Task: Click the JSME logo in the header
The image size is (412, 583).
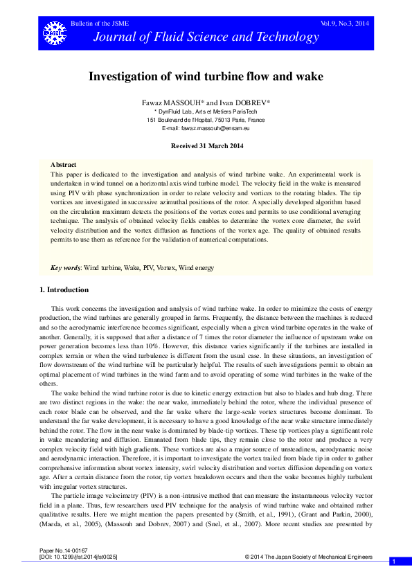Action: [51, 30]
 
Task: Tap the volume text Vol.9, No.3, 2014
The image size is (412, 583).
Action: [344, 24]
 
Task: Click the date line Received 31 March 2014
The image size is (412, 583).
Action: [206, 146]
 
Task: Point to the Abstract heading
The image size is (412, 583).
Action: [64, 164]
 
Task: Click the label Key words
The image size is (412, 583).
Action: [66, 267]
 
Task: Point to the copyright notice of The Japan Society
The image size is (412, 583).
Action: [309, 557]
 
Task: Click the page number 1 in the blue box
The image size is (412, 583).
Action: [393, 562]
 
